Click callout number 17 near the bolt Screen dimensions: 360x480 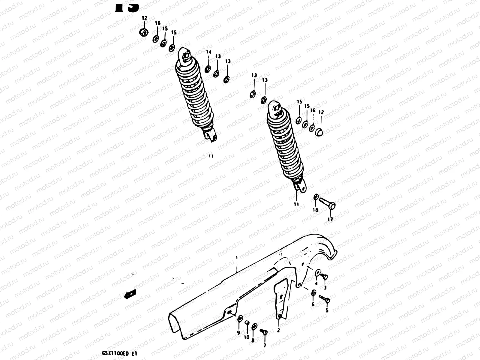(330, 219)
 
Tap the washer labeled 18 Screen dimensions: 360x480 (316, 197)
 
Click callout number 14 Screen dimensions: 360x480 (209, 52)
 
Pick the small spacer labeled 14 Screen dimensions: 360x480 (207, 70)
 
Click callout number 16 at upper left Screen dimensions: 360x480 (158, 23)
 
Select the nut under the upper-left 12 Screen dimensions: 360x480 (145, 32)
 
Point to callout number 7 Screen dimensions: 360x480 (265, 346)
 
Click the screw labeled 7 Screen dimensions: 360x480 (264, 332)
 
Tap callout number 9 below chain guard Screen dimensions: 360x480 (238, 333)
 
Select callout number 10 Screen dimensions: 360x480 (246, 337)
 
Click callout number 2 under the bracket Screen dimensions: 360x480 (278, 330)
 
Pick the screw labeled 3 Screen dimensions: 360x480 (324, 277)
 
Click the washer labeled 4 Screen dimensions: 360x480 (317, 273)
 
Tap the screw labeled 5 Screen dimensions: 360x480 (325, 299)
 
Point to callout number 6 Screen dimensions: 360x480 (313, 304)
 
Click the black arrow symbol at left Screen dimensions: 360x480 (130, 294)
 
